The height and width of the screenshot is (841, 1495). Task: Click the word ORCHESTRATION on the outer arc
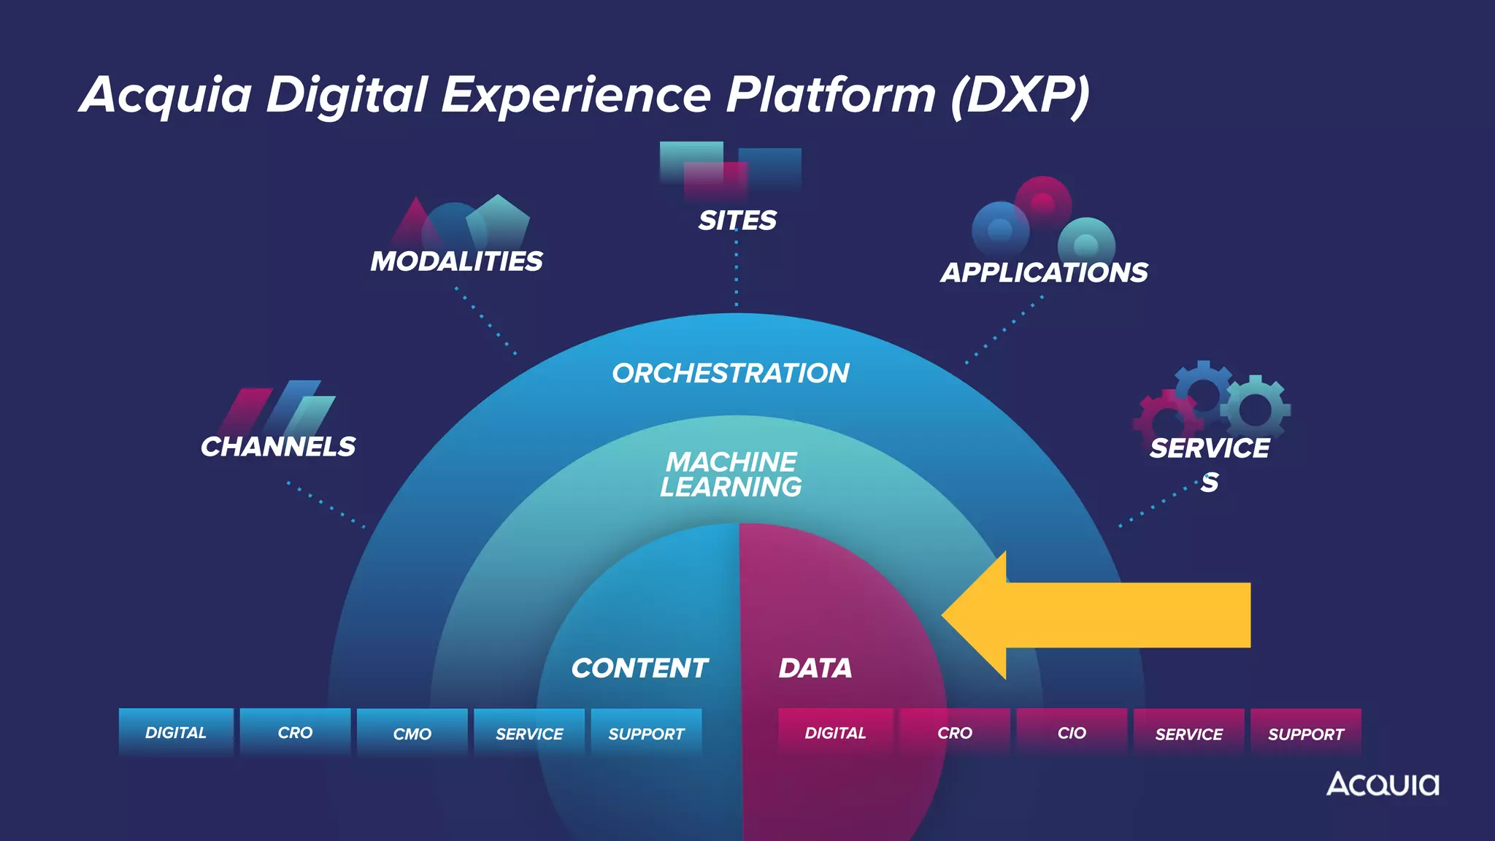pos(731,374)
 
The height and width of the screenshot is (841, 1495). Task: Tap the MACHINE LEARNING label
pos(731,475)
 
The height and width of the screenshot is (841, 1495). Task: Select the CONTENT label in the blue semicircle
pos(639,668)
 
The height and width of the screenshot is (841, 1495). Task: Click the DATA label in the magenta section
pos(815,668)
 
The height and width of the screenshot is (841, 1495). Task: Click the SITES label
pos(737,220)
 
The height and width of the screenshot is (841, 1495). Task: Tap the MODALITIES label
pos(456,261)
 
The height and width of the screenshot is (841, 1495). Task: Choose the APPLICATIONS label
pos(1044,273)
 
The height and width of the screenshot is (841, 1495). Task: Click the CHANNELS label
pos(278,447)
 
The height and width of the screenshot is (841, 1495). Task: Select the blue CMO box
pos(412,733)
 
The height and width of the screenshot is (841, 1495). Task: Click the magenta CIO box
pos(1072,732)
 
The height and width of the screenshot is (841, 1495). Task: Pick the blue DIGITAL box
pos(176,732)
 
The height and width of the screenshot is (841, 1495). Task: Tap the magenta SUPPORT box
pos(1306,733)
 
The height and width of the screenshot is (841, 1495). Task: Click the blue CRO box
pos(295,732)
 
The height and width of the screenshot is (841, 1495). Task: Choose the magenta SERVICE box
pos(1188,733)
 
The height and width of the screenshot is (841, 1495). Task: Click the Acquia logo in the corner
pos(1383,784)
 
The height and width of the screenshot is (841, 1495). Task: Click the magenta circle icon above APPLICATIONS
pos(1043,202)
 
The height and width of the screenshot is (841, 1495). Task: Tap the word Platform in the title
pos(831,95)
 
